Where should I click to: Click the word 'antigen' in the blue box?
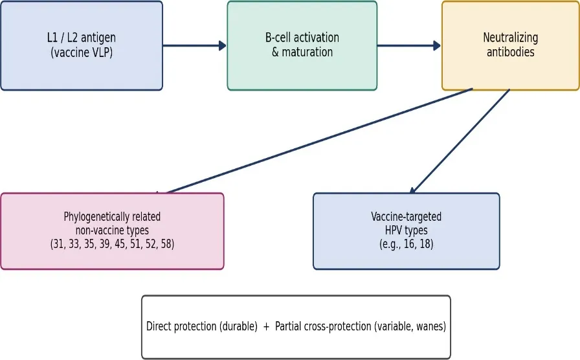pos(98,38)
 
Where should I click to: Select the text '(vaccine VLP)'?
pos(82,52)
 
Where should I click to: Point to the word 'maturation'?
pos(307,52)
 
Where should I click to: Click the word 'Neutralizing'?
pos(511,38)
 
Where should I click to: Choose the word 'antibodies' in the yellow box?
pos(511,52)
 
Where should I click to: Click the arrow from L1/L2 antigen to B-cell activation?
pos(194,45)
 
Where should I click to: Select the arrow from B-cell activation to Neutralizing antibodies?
pos(408,45)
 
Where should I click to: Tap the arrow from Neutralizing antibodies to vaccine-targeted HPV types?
pos(460,141)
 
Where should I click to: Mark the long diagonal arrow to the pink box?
pos(314,141)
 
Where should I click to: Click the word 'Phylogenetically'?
pos(112,217)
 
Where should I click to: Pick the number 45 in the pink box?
pos(120,244)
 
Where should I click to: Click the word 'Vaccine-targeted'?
pos(406,217)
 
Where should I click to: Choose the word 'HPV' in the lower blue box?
pos(394,231)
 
